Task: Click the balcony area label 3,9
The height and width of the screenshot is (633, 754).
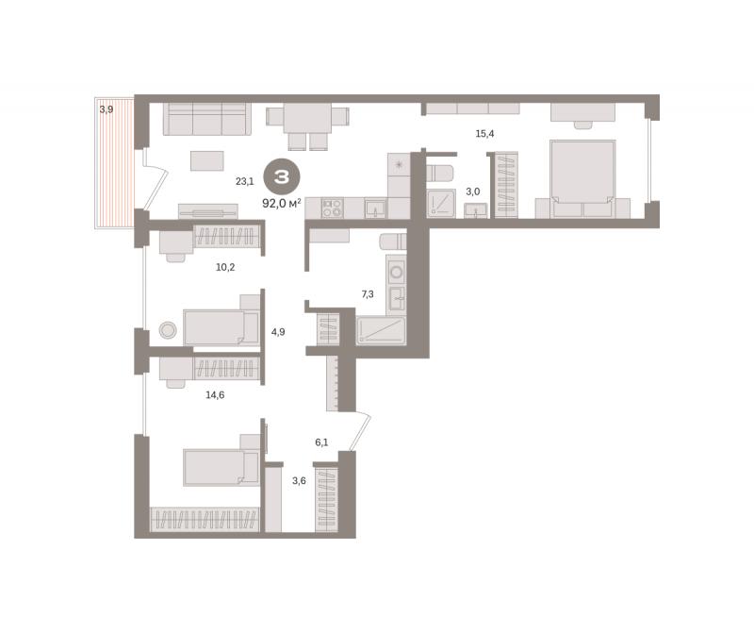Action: coord(107,109)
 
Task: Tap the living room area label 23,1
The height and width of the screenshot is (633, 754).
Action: coord(244,181)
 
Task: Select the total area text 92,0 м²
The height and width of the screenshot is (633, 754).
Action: coord(282,203)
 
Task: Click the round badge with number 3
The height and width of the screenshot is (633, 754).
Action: coord(282,176)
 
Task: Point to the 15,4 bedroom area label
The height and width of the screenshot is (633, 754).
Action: coord(484,134)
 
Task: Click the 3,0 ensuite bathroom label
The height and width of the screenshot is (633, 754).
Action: coord(473,192)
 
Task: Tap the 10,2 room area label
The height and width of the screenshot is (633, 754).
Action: coord(225,267)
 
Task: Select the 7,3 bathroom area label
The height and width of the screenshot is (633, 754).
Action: coord(368,294)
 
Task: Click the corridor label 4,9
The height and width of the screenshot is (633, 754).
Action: coord(278,332)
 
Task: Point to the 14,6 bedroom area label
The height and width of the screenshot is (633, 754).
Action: coord(215,395)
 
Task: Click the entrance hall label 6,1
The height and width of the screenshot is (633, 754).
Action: coord(321,442)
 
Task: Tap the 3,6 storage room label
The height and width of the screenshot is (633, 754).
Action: coord(299,480)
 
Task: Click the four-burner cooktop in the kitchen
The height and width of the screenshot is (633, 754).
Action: coord(332,208)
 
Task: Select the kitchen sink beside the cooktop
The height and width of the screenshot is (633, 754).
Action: coord(374,208)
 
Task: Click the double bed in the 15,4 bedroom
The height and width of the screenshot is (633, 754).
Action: coord(582,178)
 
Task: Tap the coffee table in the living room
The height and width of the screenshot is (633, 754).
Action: coord(206,160)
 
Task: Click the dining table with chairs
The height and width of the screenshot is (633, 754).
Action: coord(308,127)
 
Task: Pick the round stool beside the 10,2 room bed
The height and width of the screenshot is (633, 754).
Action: coord(168,330)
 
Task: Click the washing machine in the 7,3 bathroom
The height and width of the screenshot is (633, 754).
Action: coord(396,272)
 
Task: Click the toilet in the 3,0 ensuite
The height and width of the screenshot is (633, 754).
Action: coord(439,174)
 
